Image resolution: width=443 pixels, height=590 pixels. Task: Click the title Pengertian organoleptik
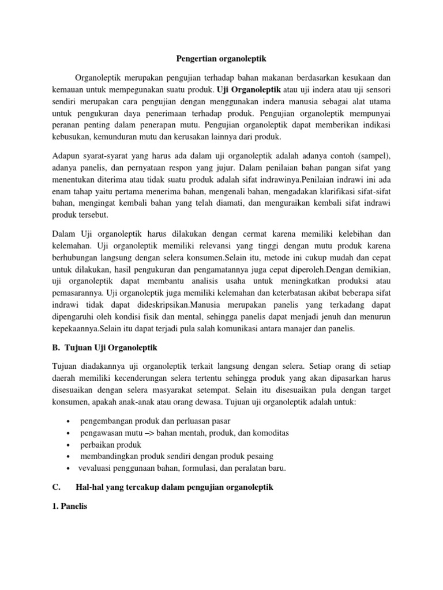(x=221, y=59)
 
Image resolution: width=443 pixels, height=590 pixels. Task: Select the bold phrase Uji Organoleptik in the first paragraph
(x=249, y=90)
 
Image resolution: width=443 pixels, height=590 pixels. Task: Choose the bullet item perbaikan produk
(x=110, y=445)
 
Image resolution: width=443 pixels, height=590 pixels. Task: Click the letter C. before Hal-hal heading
(x=57, y=487)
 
